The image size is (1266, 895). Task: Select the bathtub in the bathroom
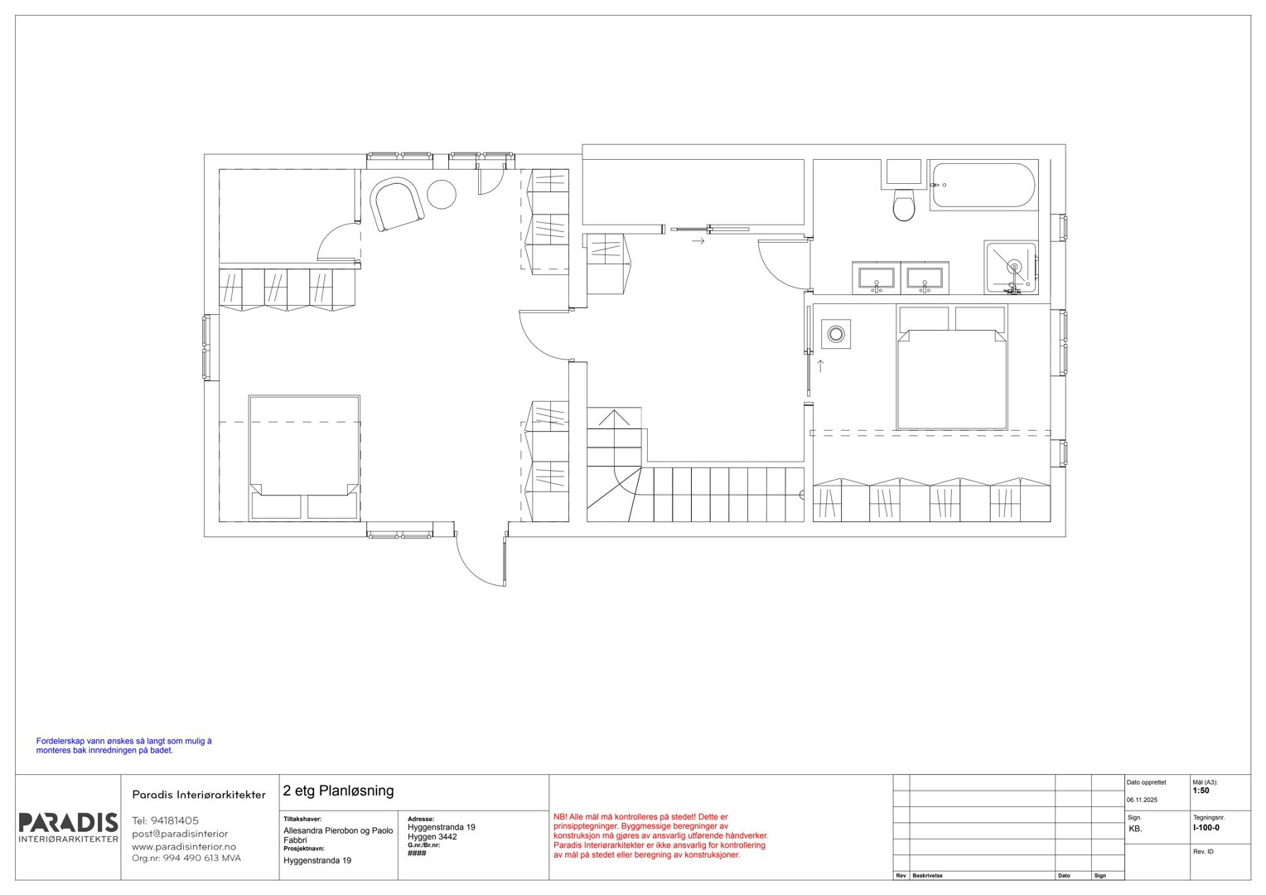click(x=983, y=186)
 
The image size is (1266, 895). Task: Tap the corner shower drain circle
click(x=1014, y=266)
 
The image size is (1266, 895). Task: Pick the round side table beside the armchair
click(x=442, y=195)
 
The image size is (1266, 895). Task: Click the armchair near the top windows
click(x=397, y=204)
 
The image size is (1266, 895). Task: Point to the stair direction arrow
click(x=614, y=419)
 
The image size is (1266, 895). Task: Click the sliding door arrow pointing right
click(x=698, y=241)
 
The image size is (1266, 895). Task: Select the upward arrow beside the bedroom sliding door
click(x=820, y=365)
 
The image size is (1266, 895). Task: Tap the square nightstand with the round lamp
click(x=836, y=334)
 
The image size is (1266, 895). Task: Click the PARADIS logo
click(x=69, y=828)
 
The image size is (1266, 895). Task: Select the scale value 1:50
click(x=1201, y=791)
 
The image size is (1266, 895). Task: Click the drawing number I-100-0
click(x=1206, y=828)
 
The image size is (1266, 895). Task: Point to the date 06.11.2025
click(x=1142, y=800)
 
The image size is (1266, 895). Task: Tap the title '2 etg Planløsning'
click(x=338, y=791)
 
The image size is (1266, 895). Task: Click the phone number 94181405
click(x=175, y=820)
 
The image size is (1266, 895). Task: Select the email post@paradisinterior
click(x=180, y=834)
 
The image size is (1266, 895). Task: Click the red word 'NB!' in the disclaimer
click(x=560, y=817)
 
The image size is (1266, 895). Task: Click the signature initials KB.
click(x=1135, y=829)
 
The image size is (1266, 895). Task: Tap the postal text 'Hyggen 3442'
click(x=432, y=837)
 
